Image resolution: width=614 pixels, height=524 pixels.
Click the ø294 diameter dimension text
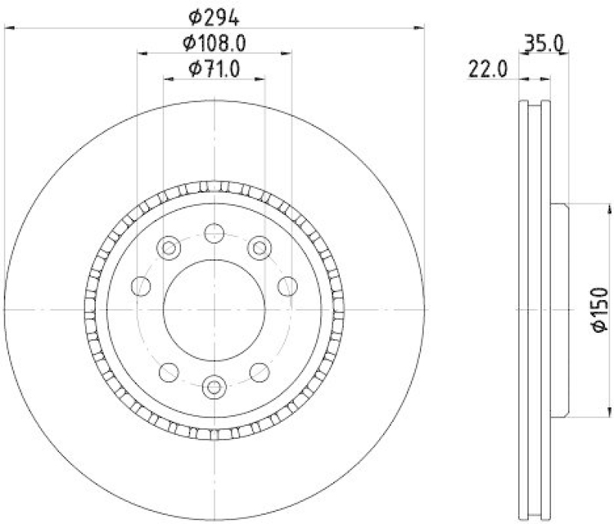pyautogui.click(x=214, y=15)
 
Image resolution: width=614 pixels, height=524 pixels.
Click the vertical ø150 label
pyautogui.click(x=599, y=311)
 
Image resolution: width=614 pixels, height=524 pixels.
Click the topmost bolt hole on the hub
pyautogui.click(x=214, y=232)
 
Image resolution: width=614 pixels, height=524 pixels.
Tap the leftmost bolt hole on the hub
pyautogui.click(x=141, y=286)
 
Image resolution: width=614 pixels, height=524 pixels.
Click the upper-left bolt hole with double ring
pyautogui.click(x=167, y=248)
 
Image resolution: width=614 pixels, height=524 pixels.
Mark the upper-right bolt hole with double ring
pyautogui.click(x=260, y=248)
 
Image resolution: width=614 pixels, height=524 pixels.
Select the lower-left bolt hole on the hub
pyautogui.click(x=167, y=372)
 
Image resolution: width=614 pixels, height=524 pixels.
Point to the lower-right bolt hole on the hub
pyautogui.click(x=260, y=372)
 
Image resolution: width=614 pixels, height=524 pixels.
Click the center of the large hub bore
pyautogui.click(x=214, y=309)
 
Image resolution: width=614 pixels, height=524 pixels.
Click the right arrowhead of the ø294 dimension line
pyautogui.click(x=420, y=28)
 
